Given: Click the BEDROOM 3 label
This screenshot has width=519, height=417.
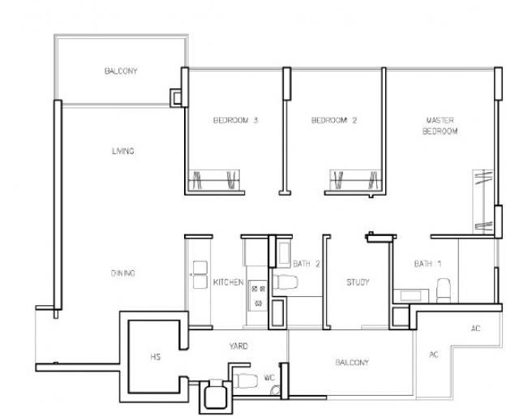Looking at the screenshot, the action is coord(235,120).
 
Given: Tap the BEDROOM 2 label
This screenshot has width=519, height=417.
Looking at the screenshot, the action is coord(334,120).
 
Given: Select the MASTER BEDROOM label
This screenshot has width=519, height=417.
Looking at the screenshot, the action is coord(440,126).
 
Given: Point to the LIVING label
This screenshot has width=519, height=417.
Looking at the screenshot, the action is coord(122,151).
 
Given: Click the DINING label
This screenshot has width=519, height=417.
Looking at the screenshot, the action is coord(122,273).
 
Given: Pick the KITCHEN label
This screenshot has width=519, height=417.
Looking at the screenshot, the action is coord(229,282).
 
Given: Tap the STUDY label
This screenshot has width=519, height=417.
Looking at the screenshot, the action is coord(358,282).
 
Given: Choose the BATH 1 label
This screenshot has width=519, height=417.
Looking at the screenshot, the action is coord(427,264).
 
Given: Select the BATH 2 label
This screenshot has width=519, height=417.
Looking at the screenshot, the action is coord(307,264).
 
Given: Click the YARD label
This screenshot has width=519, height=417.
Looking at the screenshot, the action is coord(238,346).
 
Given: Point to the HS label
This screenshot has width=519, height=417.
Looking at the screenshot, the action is coord(155,357).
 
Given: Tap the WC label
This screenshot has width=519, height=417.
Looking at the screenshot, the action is coord(269,377).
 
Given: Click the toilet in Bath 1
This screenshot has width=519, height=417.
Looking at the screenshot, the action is coord(444,290).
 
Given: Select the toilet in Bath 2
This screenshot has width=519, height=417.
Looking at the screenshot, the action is coord(285,282).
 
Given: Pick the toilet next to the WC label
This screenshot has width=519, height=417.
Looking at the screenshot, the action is coord(245,380).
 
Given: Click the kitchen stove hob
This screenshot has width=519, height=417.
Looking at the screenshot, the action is coord(258,295).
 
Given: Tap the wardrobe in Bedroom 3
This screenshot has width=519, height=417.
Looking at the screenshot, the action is coord(214,180).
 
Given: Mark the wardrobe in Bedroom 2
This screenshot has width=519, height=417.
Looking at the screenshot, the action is coord(355,180).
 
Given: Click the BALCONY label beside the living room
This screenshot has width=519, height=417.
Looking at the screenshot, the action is coord(121,71).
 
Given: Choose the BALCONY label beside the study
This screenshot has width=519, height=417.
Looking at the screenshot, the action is coord(352,363).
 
